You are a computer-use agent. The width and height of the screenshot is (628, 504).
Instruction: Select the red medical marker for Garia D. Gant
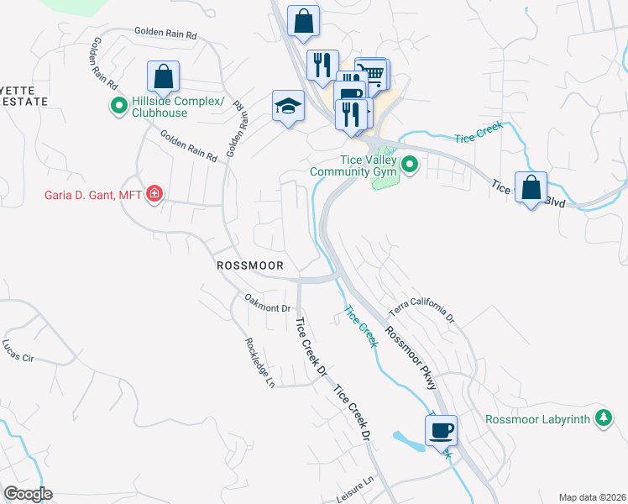click(x=154, y=196)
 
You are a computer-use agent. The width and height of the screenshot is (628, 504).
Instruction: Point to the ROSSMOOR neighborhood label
click(x=249, y=265)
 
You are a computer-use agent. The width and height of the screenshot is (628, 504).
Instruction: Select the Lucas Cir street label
click(x=17, y=351)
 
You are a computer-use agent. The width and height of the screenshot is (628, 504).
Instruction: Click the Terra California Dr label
click(x=421, y=309)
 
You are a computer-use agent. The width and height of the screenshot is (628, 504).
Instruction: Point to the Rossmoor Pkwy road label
click(x=411, y=357)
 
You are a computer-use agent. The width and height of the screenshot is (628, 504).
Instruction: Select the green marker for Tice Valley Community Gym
click(x=410, y=165)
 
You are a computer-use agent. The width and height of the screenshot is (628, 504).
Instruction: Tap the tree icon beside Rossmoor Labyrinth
click(x=602, y=417)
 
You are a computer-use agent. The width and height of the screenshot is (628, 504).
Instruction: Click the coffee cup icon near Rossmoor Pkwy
click(x=441, y=431)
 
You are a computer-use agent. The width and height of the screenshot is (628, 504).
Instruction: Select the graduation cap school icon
click(x=288, y=106)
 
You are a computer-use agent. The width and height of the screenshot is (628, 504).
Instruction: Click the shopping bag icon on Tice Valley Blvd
click(x=531, y=187)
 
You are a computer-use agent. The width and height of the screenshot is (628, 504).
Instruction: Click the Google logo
click(x=28, y=494)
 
